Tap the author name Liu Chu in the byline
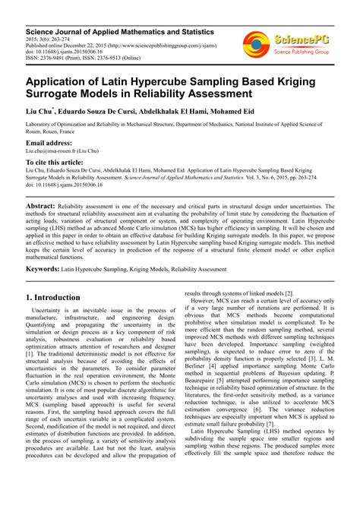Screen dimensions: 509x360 [x=41, y=112]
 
